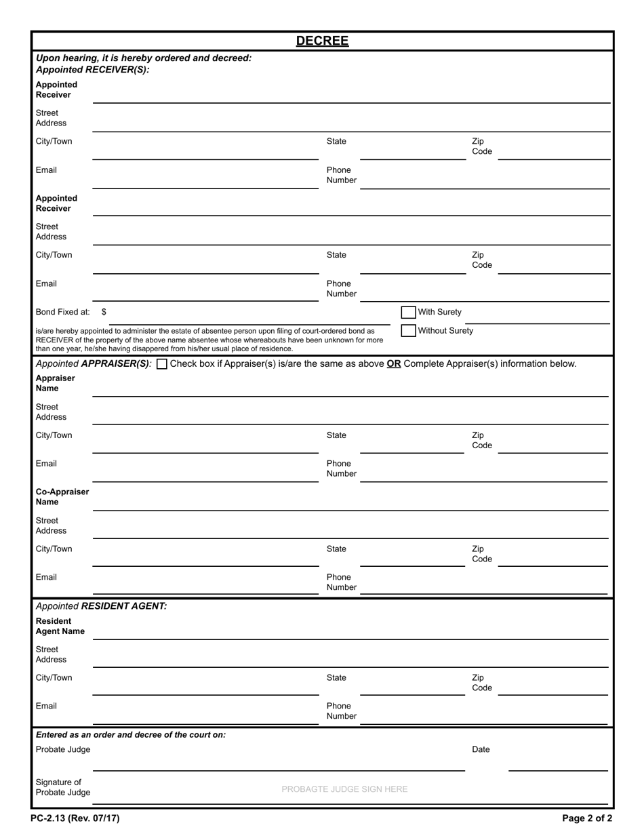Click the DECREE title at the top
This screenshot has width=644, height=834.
click(322, 41)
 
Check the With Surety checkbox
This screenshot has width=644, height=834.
click(408, 313)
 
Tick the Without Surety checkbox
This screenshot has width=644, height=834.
click(408, 331)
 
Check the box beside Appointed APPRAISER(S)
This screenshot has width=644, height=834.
click(162, 364)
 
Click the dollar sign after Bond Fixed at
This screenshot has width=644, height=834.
click(104, 312)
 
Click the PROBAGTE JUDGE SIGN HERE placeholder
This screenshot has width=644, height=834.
click(344, 789)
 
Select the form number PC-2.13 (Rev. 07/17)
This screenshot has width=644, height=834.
click(75, 818)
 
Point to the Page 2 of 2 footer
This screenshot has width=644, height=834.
click(586, 818)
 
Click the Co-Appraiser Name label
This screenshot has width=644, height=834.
click(62, 497)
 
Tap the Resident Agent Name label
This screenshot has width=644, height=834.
click(60, 626)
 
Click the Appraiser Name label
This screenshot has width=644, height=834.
click(55, 383)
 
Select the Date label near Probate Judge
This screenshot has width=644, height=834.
click(481, 749)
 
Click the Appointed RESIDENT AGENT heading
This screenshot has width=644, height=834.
click(101, 606)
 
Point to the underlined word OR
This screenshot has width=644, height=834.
click(394, 363)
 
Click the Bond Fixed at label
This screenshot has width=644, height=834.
click(62, 312)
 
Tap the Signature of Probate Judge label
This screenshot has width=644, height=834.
click(62, 787)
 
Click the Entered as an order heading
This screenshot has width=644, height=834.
click(130, 734)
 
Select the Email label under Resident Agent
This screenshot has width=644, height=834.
click(46, 706)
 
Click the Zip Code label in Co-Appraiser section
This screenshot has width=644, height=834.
click(481, 554)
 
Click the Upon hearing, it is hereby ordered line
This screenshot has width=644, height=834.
click(143, 58)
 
